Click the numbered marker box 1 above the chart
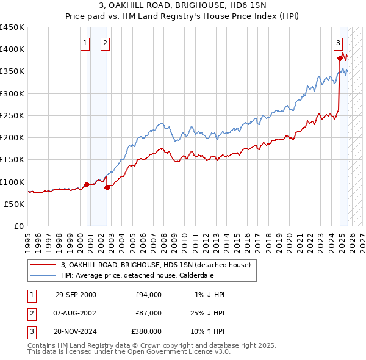(x=84, y=43)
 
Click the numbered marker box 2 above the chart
(x=105, y=43)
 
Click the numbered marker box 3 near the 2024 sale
(x=338, y=43)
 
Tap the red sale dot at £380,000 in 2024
(x=340, y=58)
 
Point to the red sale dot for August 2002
(x=107, y=187)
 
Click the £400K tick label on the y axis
(x=12, y=49)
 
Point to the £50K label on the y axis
(x=15, y=204)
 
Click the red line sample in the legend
(x=43, y=264)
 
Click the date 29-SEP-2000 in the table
(x=76, y=295)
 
